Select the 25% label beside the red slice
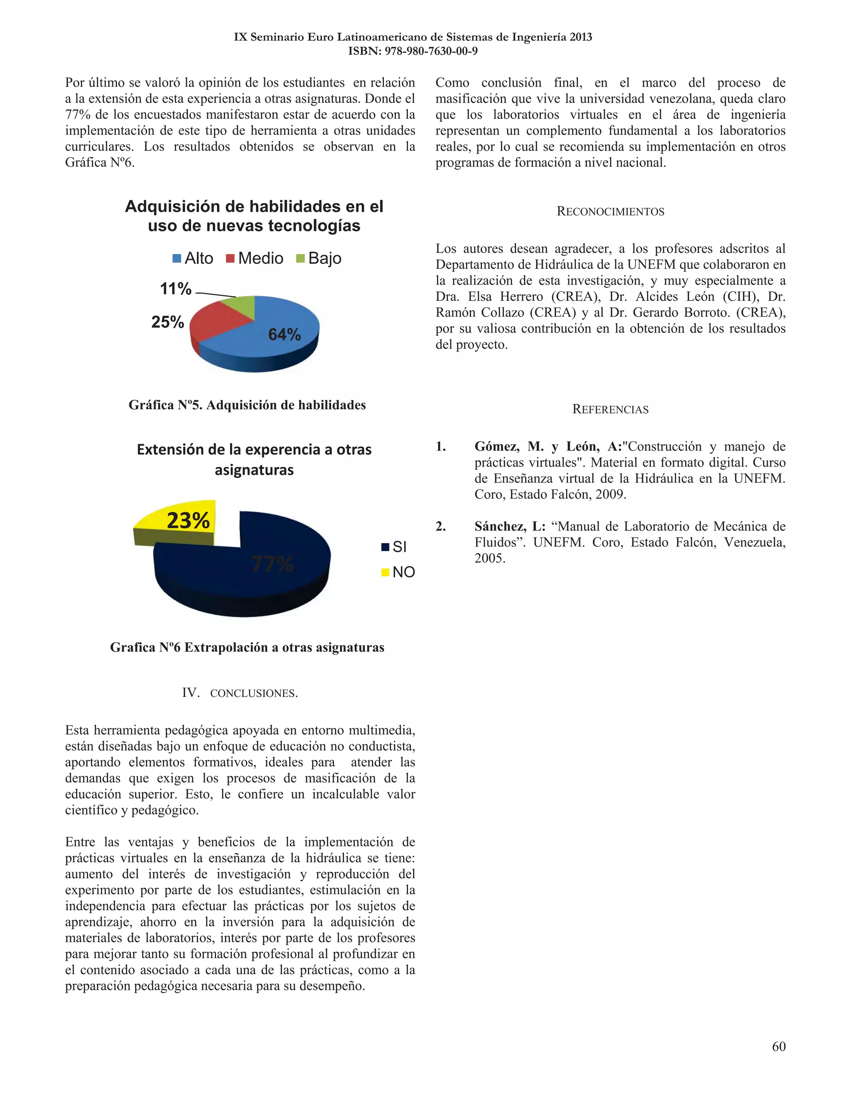(167, 322)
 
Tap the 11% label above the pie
(175, 288)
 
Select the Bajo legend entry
(318, 258)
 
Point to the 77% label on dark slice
(272, 564)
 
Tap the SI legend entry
(394, 547)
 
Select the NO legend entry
(398, 572)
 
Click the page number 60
(778, 1046)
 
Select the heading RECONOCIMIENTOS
(610, 212)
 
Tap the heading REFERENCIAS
(610, 409)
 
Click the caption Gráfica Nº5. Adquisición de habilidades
(247, 405)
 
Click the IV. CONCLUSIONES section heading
(240, 693)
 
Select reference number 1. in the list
(440, 446)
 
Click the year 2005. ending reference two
(489, 558)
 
